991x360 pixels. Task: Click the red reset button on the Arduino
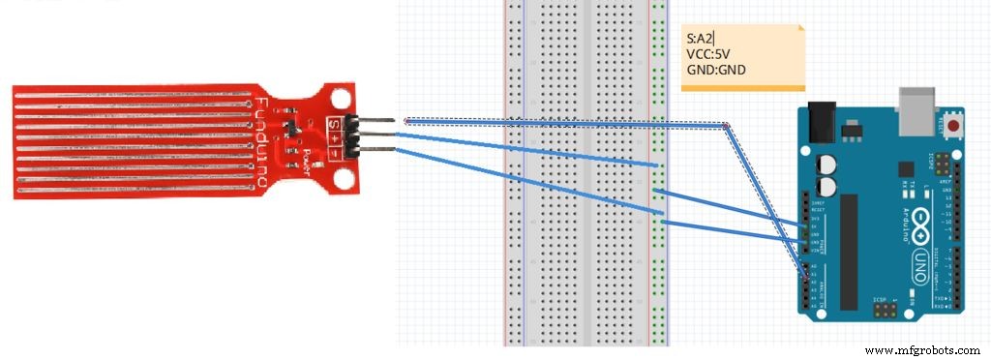click(956, 126)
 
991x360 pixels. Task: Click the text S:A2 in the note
click(699, 38)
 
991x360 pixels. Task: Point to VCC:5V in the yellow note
click(706, 54)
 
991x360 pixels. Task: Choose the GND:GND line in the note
click(714, 70)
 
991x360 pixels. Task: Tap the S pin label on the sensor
click(334, 123)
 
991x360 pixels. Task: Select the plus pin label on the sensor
click(334, 137)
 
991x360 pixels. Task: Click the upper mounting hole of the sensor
click(340, 98)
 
